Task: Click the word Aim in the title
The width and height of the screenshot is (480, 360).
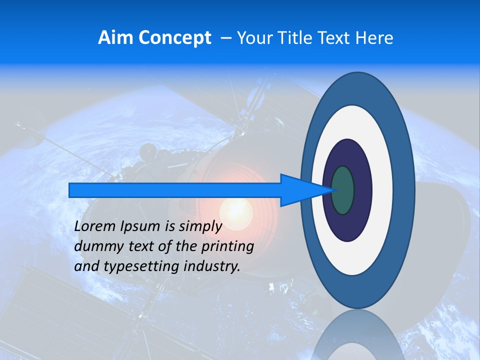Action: (x=113, y=38)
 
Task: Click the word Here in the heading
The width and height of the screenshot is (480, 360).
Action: (x=374, y=38)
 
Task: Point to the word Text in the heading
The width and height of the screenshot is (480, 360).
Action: (x=337, y=38)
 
